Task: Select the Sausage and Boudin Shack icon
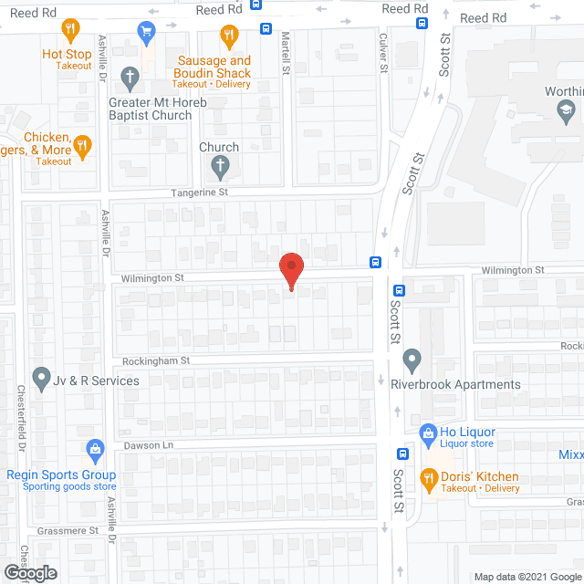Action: [x=229, y=37]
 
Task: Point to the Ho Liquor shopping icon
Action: [x=427, y=432]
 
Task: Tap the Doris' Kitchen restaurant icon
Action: [x=427, y=477]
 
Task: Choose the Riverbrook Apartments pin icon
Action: [x=412, y=360]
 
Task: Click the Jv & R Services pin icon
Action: [x=41, y=375]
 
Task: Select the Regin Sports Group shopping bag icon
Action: [x=95, y=449]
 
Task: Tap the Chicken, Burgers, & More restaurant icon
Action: [x=82, y=144]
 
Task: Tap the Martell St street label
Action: [x=286, y=53]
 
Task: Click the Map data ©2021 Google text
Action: [x=527, y=577]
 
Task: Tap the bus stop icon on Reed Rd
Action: [x=265, y=28]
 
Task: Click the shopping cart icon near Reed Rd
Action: [x=145, y=31]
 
